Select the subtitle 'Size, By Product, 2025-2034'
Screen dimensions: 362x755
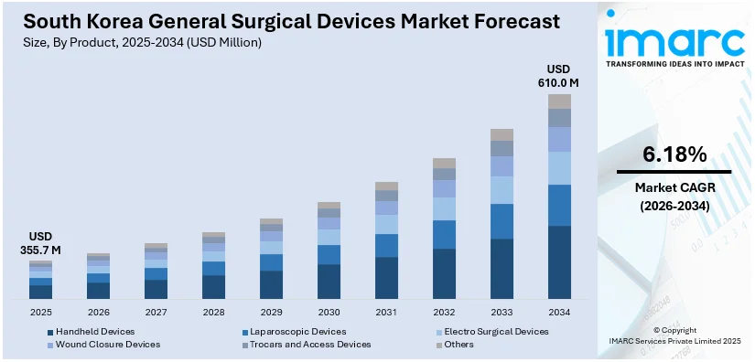(137, 42)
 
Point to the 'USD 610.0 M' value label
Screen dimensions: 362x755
(558, 76)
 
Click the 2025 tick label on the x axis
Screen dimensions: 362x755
(40, 311)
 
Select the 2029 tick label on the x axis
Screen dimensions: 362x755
(271, 311)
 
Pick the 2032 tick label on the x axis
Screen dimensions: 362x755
(444, 311)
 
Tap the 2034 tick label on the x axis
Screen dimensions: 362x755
(559, 311)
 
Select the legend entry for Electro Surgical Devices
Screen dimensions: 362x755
(494, 331)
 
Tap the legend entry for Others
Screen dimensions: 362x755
(458, 345)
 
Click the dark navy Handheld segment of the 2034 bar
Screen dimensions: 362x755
(559, 261)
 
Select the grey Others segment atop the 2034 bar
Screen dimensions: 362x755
(559, 101)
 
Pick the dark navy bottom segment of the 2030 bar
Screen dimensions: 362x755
(329, 281)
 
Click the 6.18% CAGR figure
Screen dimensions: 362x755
(674, 153)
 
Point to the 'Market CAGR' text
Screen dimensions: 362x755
(674, 188)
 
